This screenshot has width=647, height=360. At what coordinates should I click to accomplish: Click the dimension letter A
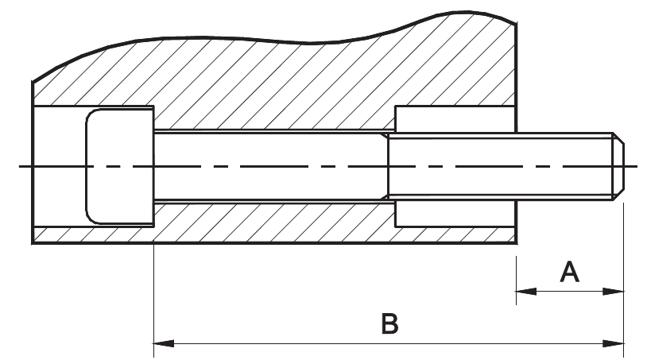(569, 273)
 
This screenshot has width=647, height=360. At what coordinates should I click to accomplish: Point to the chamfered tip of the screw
(618, 166)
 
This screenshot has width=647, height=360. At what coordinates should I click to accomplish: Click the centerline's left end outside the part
(22, 166)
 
